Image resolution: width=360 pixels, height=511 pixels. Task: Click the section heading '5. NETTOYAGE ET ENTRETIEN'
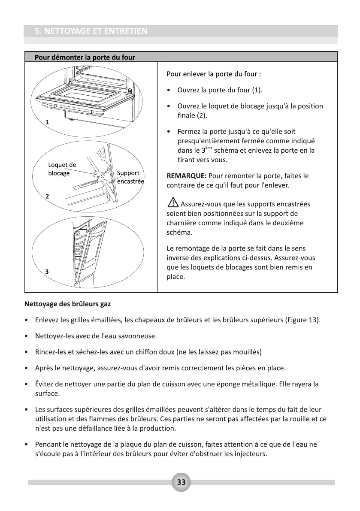(x=91, y=31)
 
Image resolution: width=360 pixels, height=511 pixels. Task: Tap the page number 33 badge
(x=181, y=482)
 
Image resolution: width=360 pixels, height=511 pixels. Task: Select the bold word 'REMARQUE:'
(x=187, y=176)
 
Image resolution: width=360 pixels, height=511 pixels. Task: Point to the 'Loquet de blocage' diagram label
(x=62, y=169)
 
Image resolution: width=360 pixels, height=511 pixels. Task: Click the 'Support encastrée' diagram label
(x=130, y=177)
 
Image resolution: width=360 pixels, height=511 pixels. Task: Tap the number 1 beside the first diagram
(x=47, y=122)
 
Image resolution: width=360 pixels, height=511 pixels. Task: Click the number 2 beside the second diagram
(x=47, y=196)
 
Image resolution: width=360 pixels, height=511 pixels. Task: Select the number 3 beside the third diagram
(x=47, y=271)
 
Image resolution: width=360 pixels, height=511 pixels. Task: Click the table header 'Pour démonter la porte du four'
(x=85, y=57)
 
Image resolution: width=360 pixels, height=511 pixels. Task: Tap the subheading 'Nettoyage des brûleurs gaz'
(x=67, y=304)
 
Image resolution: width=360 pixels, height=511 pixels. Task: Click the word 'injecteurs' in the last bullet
(x=250, y=454)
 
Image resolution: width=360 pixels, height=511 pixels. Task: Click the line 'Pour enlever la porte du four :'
(x=214, y=74)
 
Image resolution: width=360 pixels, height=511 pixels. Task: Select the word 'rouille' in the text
(x=296, y=419)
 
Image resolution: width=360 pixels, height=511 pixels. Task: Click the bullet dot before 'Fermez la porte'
(x=169, y=132)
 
